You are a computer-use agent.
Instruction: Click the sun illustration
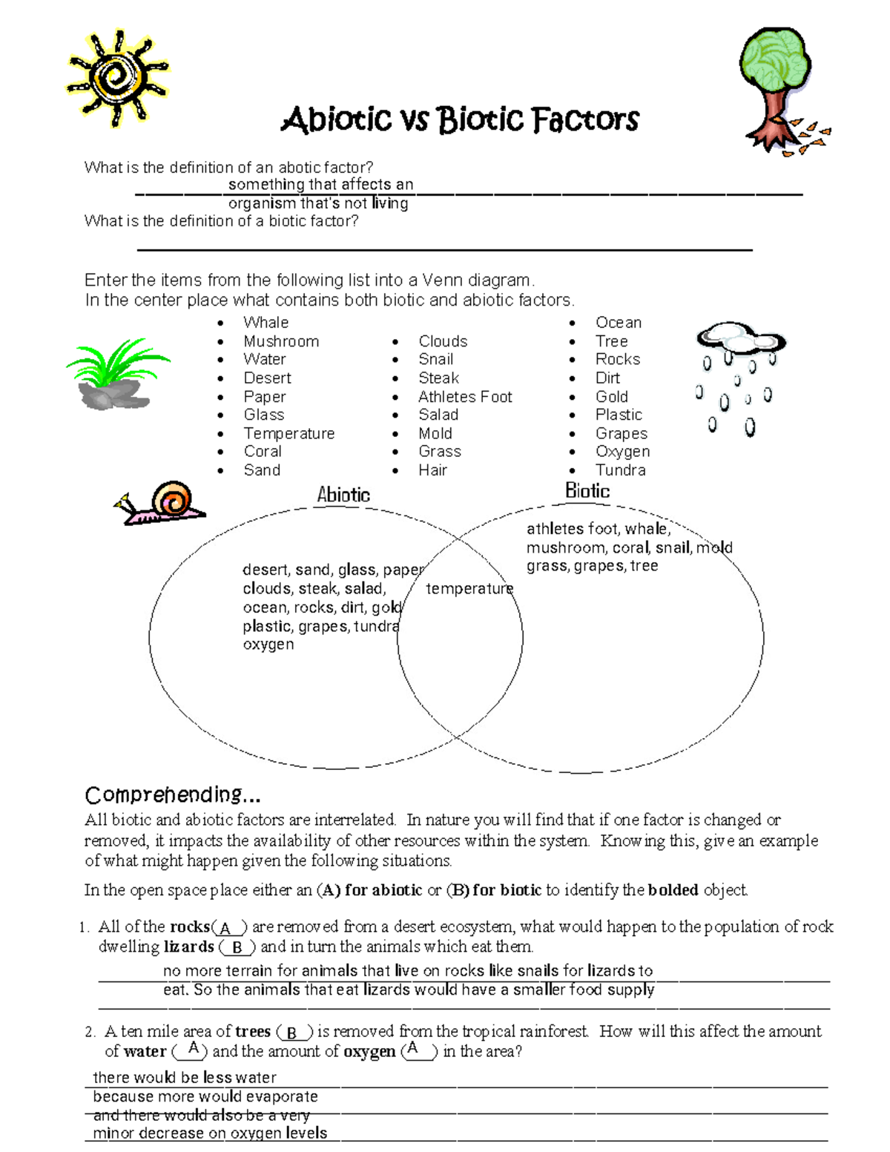click(117, 78)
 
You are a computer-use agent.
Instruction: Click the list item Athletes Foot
click(464, 397)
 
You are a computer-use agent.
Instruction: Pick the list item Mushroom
click(281, 341)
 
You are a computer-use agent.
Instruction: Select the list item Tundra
click(620, 470)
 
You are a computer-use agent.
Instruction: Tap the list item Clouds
click(443, 341)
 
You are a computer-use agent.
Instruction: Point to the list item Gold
click(611, 397)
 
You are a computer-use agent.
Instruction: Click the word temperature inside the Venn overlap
click(469, 588)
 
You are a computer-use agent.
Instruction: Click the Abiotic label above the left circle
click(343, 495)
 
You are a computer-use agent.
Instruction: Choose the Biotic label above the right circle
click(587, 490)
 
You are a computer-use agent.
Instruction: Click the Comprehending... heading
click(172, 794)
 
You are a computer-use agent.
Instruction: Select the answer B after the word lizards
click(237, 947)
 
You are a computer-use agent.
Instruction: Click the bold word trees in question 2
click(252, 1031)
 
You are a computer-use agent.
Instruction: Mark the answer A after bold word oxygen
click(414, 1050)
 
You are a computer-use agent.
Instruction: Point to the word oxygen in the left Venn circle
click(268, 645)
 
